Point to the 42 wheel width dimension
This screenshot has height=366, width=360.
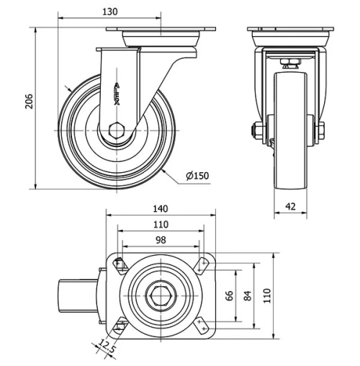point(291,206)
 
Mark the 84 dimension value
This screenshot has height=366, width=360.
point(249,295)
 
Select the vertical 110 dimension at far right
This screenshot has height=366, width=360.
point(269,295)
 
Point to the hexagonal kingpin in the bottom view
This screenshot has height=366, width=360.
point(161,295)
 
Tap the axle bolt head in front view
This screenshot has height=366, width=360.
point(255,131)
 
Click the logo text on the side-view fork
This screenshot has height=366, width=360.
point(117,94)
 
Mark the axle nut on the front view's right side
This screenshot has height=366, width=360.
point(320,131)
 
